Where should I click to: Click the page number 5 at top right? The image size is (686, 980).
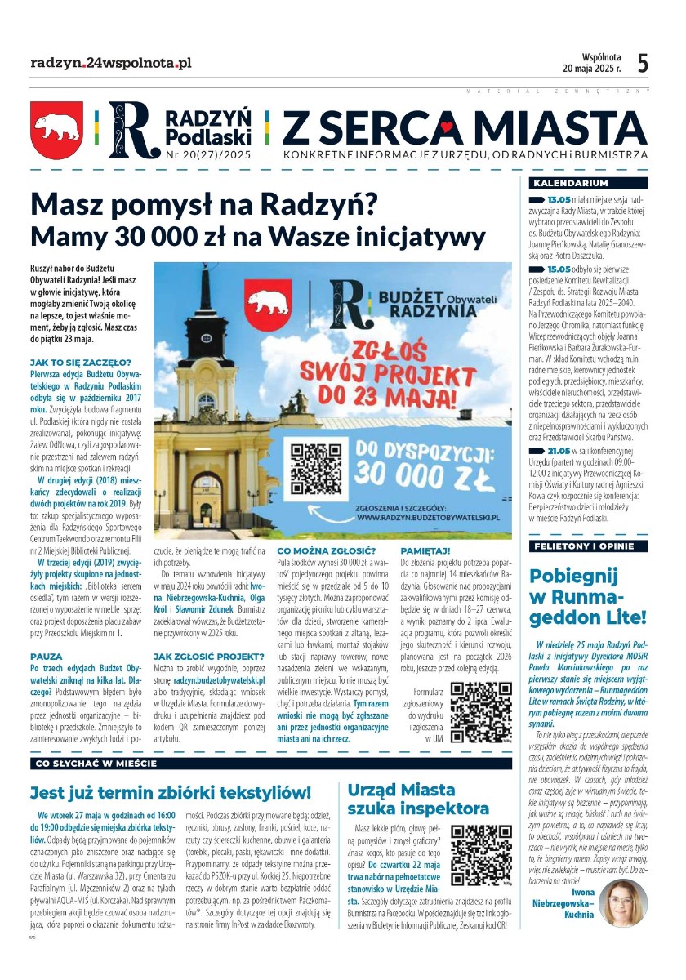[x=643, y=63]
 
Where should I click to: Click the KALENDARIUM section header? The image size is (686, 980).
[x=569, y=183]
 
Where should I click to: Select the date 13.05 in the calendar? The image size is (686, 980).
[x=559, y=199]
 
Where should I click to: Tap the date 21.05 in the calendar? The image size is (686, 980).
[x=559, y=451]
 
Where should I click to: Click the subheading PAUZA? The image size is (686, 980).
[x=46, y=633]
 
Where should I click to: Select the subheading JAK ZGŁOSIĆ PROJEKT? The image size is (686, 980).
[x=208, y=656]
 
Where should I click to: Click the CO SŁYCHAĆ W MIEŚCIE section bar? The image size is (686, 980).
[x=96, y=764]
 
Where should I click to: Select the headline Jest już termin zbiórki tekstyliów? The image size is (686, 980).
[x=171, y=792]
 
